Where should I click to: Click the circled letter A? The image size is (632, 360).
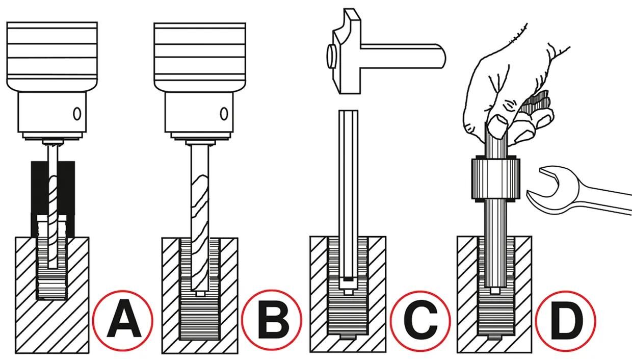click(x=123, y=320)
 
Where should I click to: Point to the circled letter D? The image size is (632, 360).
click(x=565, y=320)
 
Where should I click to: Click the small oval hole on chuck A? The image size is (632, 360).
click(x=77, y=113)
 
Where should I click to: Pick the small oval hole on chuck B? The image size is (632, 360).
click(x=223, y=113)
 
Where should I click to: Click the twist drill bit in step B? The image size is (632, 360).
click(x=199, y=214)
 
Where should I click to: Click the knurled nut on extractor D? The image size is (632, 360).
click(x=494, y=179)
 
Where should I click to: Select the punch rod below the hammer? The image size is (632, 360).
click(x=349, y=189)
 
